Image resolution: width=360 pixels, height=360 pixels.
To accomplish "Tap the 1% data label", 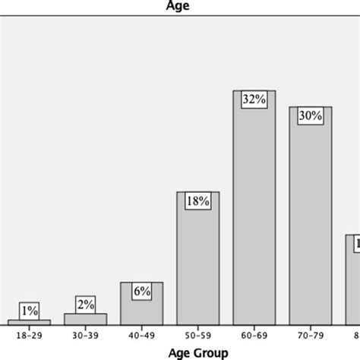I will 30,310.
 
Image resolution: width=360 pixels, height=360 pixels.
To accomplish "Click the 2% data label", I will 85,305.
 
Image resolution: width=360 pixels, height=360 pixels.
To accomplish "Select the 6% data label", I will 141,290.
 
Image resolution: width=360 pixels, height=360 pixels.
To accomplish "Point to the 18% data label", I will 197,201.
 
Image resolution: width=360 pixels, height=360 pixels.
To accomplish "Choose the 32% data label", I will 254,99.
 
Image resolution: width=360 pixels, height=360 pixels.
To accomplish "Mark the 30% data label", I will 310,115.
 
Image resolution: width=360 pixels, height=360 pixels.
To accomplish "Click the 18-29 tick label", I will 30,334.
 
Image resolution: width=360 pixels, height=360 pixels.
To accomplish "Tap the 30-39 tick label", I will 85,334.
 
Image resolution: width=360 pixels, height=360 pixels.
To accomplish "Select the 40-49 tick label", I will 141,334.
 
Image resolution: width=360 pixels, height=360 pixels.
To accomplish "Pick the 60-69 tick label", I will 254,334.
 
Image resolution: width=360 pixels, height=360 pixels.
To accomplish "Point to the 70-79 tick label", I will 310,334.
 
